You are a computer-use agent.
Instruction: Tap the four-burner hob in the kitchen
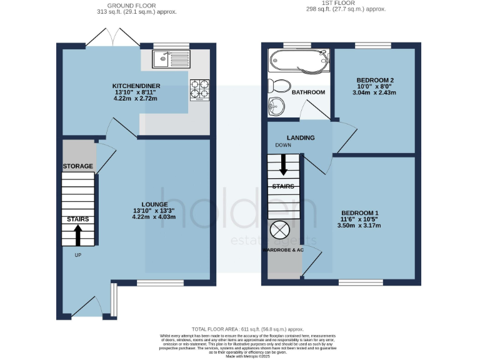point(198,88)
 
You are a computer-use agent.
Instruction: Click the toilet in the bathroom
point(278,86)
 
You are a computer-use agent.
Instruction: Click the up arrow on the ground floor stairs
point(78,235)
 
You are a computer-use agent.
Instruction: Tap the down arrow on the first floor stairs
point(283,164)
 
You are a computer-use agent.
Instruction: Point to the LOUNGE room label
point(154,204)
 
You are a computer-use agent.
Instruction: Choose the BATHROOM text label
point(309,92)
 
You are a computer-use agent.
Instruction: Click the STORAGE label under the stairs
point(77,166)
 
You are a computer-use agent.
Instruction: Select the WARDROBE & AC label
point(282,250)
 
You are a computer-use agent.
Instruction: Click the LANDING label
point(300,138)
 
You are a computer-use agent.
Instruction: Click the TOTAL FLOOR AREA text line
point(248,329)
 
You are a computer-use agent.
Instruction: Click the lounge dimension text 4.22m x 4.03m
point(154,217)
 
